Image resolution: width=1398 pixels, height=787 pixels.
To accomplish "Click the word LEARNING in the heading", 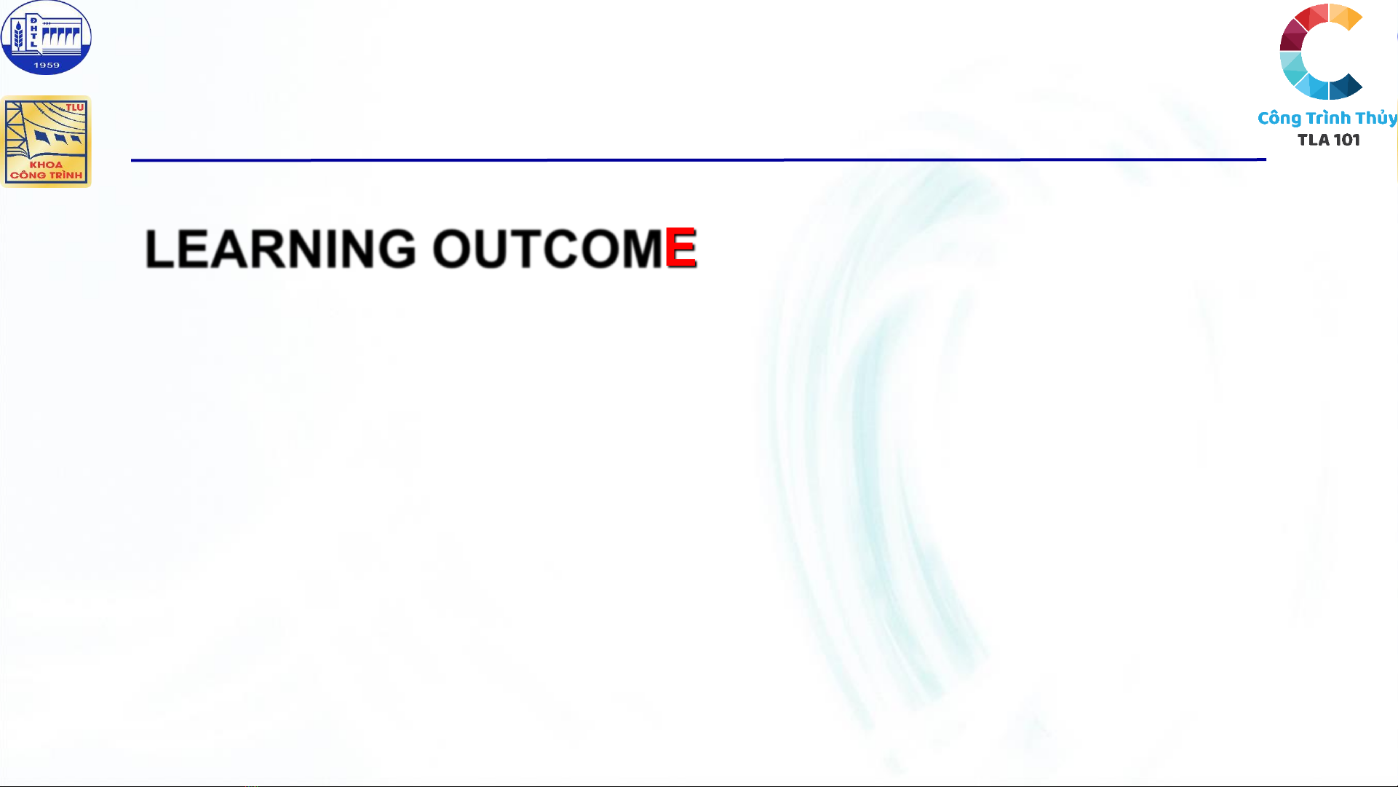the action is pos(280,249).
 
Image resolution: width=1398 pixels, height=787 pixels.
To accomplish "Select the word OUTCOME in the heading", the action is pos(565,249).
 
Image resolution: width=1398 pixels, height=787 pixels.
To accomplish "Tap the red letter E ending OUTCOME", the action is pos(680,248).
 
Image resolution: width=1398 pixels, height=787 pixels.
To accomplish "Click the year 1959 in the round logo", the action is pos(47,66).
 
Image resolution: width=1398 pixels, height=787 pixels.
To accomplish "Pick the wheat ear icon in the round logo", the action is pos(18,36).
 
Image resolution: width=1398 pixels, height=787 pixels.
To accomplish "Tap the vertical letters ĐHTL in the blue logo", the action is pos(33,32).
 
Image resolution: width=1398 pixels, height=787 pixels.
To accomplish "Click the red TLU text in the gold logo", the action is pos(75,108).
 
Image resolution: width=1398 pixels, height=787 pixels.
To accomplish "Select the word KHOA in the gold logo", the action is pos(46,165).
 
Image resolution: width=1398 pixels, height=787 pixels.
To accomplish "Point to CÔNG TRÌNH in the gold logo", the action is pos(47,175).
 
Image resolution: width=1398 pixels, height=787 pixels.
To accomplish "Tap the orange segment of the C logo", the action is pos(1346,16).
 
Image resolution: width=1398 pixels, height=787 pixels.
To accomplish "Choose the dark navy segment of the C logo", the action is pos(1346,87).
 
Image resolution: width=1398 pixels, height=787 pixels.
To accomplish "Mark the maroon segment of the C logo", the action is pos(1292,36).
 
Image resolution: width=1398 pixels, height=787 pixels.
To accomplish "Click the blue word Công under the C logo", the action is pos(1279,119).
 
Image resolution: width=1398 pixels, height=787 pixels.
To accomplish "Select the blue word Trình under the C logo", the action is pos(1328,118).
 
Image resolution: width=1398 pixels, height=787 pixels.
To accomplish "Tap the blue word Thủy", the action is pos(1376,118).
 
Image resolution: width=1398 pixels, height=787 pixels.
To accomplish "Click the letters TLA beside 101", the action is pos(1314,140).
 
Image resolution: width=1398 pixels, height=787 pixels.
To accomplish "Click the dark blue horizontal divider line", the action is pos(699,159).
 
